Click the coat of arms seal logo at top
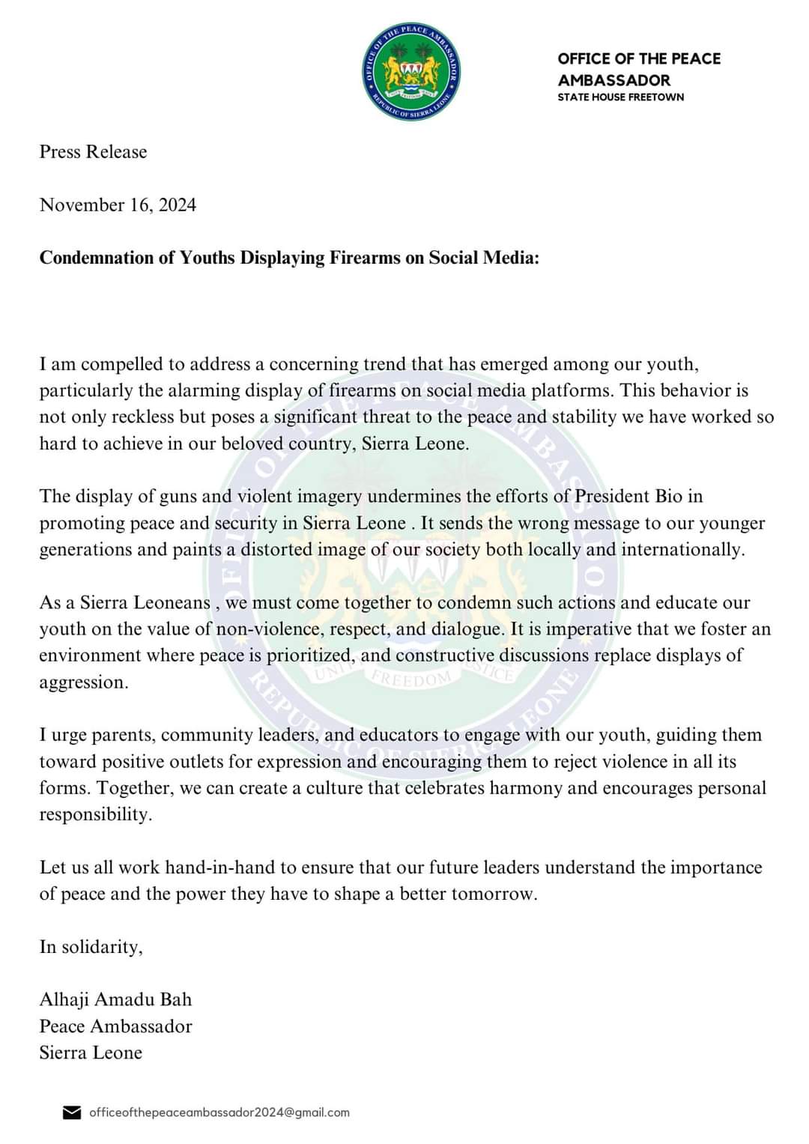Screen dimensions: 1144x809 [x=411, y=71]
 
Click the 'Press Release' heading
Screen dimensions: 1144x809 [x=93, y=152]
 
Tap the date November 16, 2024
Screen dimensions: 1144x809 [x=118, y=205]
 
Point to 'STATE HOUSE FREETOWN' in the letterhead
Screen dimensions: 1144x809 [x=620, y=97]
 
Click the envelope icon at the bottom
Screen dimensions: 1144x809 [x=71, y=1113]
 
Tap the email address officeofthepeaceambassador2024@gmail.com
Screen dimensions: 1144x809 [x=219, y=1113]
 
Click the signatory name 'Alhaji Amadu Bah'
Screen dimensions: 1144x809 [x=115, y=999]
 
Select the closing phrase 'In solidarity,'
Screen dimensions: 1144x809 [x=91, y=947]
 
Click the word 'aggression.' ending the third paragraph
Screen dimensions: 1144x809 [x=84, y=683]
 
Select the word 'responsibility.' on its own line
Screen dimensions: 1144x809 [x=95, y=815]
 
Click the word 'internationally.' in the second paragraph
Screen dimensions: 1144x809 [x=683, y=550]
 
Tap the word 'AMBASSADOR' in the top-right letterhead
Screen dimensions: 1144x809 [x=613, y=80]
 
